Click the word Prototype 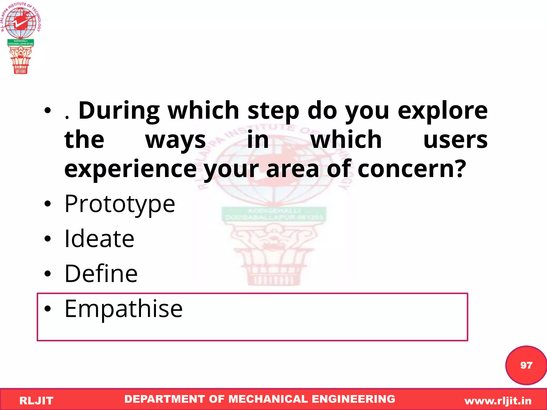120,204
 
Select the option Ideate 99,239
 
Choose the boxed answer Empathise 123,309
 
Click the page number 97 526,365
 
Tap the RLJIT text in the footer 36,401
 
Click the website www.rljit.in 498,401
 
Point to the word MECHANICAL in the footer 268,399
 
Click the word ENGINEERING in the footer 353,399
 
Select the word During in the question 119,111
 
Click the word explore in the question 443,111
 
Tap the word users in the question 455,140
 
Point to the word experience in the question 130,169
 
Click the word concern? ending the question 412,169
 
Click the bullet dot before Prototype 48,204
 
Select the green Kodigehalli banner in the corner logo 21,42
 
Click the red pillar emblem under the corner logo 21,60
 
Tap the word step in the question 273,111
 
